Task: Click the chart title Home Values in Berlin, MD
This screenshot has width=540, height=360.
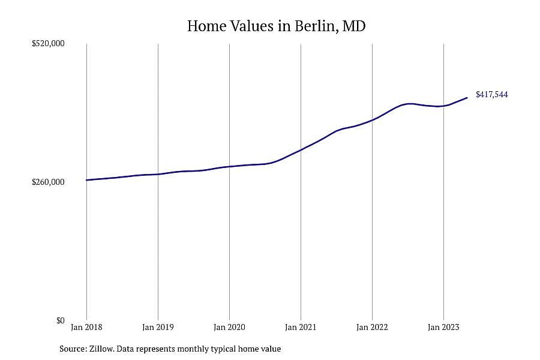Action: point(276,26)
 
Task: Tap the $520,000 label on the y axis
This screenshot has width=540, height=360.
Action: point(48,44)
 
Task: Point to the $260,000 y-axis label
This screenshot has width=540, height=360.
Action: point(48,182)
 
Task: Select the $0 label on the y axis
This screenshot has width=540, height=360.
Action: point(60,320)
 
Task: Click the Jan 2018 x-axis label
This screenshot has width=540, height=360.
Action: point(86,327)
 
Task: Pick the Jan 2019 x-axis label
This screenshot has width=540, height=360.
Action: point(158,327)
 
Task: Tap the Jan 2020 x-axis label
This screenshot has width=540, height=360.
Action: point(229,327)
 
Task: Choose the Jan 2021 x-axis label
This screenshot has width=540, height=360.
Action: point(301,327)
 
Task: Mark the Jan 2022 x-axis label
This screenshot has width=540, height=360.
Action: point(372,327)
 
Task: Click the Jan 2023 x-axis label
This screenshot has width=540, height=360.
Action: point(443,327)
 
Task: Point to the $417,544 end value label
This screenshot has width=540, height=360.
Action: point(492,94)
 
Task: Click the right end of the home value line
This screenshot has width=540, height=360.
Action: point(467,98)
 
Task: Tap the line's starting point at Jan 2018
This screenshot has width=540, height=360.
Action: point(86,180)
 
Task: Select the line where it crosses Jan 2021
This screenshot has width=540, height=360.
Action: point(301,150)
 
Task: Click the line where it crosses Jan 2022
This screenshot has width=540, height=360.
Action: point(372,120)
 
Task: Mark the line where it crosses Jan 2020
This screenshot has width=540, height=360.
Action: point(229,167)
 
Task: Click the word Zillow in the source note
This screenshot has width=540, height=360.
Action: point(101,349)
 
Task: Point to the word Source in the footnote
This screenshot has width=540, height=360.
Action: point(73,349)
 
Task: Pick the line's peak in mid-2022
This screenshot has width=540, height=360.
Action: point(409,103)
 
